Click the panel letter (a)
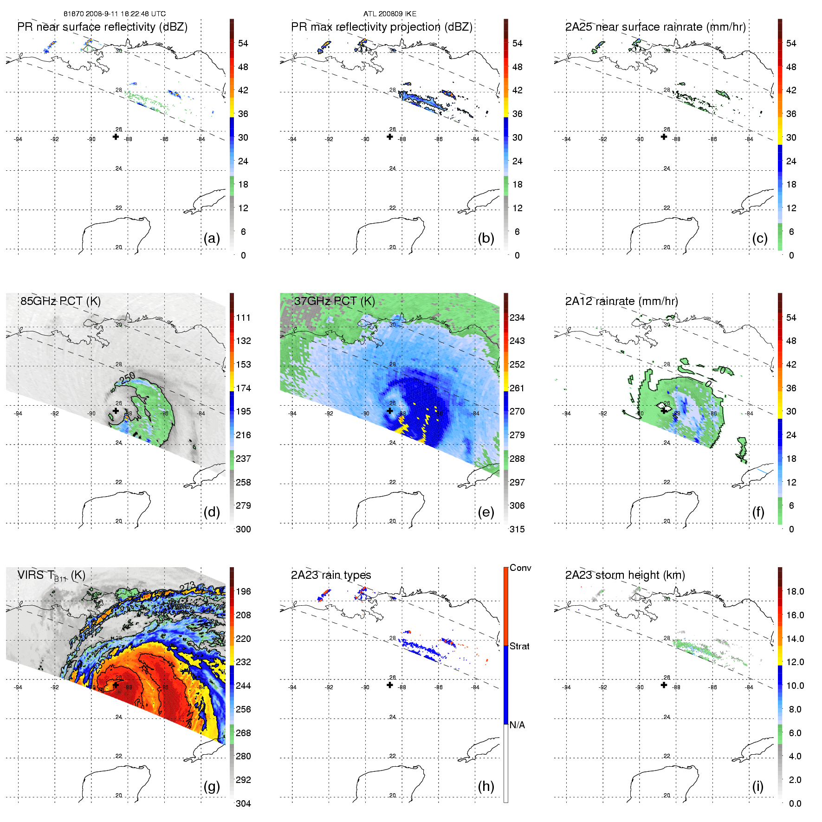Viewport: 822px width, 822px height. [x=212, y=239]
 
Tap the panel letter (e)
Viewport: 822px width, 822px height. [x=485, y=512]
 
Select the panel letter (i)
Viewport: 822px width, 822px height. [x=757, y=786]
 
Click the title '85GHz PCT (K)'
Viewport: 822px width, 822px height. [x=60, y=301]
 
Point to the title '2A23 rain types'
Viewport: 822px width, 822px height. [x=331, y=575]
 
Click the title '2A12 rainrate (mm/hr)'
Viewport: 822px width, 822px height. [x=621, y=301]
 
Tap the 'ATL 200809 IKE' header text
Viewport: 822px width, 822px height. [x=390, y=14]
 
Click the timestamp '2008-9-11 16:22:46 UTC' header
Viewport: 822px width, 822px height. [x=125, y=14]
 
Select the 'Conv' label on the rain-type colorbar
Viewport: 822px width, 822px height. [x=520, y=568]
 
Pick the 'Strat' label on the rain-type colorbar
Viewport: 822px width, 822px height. [x=519, y=646]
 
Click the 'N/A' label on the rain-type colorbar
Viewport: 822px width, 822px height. [x=517, y=725]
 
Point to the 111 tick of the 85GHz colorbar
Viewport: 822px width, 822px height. [x=243, y=317]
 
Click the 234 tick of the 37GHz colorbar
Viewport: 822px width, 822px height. [x=517, y=317]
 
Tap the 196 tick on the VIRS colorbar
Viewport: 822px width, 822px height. [x=243, y=591]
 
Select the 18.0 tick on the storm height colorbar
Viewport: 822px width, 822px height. [x=795, y=591]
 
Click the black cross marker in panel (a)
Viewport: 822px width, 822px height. [x=116, y=137]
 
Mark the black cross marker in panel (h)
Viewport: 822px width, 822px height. [x=390, y=685]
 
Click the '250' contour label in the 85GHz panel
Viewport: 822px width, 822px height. [x=127, y=377]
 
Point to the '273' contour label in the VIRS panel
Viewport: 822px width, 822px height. [x=187, y=587]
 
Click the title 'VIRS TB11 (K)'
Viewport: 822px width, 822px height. [x=51, y=576]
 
